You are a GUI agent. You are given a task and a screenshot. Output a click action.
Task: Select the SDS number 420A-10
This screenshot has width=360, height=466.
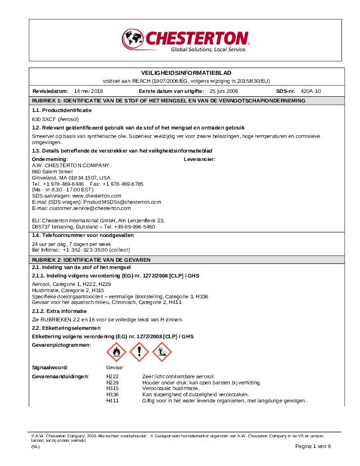310,91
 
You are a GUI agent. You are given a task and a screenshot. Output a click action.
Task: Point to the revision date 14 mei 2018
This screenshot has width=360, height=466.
89,91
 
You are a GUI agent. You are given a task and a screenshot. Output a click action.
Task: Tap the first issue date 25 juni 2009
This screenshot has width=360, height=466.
223,91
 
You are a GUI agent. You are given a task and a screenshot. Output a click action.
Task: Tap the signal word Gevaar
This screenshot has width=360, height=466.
114,367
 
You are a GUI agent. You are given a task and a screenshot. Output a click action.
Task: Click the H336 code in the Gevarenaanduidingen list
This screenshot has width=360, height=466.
112,394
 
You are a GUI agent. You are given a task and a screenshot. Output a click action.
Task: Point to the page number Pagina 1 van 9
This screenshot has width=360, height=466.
313,446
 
